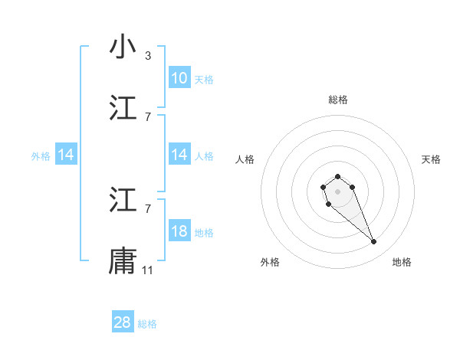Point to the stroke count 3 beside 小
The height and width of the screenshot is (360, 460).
pos(148,56)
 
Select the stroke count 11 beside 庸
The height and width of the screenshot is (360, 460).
pos(148,270)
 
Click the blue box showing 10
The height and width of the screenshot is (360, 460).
pos(179,78)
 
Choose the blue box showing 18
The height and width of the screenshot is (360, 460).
pos(179,231)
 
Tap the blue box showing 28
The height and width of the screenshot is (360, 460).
pos(123,322)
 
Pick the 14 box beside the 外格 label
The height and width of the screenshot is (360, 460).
pos(66,155)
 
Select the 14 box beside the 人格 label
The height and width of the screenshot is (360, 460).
pos(179,155)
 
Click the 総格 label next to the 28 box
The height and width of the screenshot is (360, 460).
pos(147,324)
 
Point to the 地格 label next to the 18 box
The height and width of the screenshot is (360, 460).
pos(204,232)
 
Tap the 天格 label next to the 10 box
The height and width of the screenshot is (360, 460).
pos(204,79)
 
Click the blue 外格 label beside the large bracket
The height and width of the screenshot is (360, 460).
pos(41,155)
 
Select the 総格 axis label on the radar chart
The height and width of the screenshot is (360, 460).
pos(338,100)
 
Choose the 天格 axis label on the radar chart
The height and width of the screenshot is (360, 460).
pos(432,159)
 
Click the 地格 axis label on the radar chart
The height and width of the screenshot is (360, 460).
pos(402,262)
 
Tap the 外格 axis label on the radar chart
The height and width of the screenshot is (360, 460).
pos(270,262)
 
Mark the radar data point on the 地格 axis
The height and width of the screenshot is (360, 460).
pos(374,242)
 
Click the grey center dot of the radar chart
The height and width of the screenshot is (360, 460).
pos(338,191)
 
